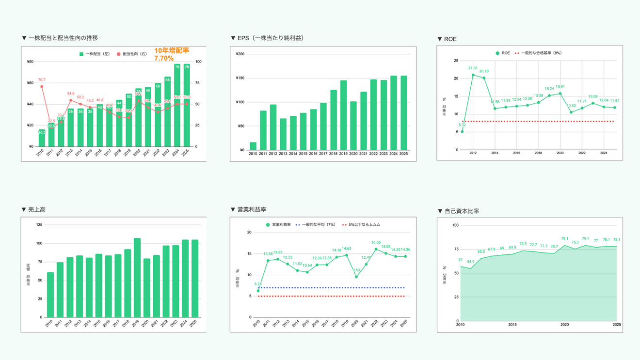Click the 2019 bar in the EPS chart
coord(343,115)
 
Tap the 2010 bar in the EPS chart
coord(253,146)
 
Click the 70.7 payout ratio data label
coord(42,80)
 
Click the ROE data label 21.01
coord(473,68)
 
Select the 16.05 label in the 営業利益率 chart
coord(376,243)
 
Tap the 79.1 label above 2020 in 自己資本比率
coord(564,238)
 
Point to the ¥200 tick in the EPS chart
coord(240,54)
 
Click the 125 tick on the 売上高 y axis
coord(39,225)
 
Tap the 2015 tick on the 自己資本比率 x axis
coord(512,325)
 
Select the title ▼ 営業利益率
coord(248,209)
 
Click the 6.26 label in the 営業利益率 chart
coord(258,284)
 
